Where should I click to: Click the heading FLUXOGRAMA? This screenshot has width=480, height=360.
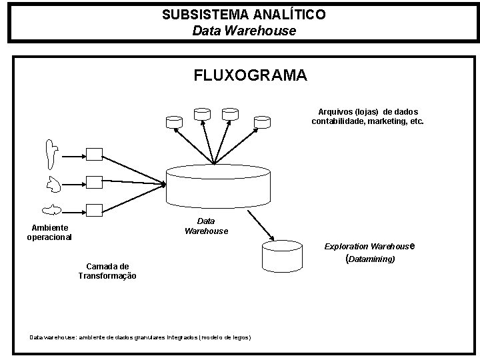[250, 75]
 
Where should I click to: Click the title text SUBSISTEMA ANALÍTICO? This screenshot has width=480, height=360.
[243, 14]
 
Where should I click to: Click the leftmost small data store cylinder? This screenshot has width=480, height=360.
[174, 121]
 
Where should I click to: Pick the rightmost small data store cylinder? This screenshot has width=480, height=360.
[262, 121]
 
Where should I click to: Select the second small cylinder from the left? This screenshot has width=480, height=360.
[201, 114]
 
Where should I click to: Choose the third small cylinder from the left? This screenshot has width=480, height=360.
[230, 114]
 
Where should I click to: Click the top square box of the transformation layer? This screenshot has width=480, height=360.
[93, 154]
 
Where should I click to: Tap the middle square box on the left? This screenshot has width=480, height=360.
[93, 181]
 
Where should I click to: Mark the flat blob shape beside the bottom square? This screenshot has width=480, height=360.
[52, 211]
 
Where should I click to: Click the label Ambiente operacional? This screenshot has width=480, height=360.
[49, 232]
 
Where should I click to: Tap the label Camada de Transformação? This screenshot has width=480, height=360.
[107, 271]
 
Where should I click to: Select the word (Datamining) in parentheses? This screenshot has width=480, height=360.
[371, 258]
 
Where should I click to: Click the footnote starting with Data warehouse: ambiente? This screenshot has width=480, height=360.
[140, 337]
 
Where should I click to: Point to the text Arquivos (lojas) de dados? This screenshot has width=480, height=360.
[368, 111]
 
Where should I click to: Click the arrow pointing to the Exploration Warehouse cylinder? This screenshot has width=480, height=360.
[262, 226]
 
